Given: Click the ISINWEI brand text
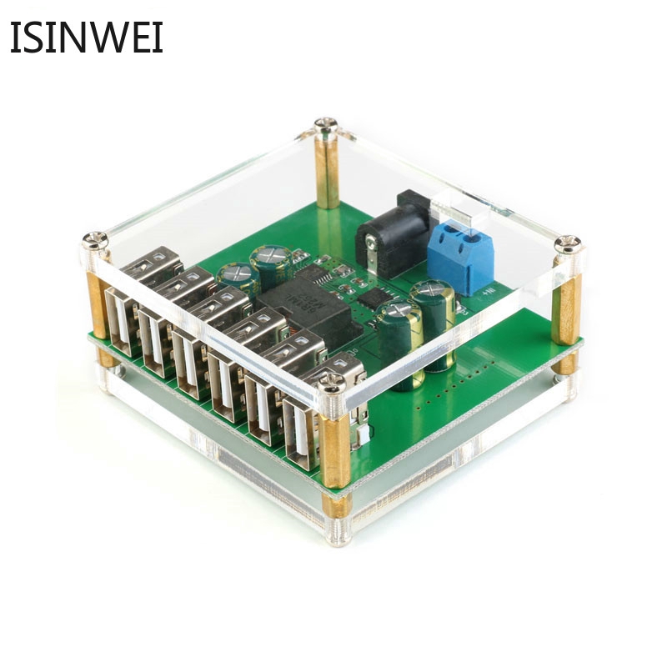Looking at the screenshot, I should coord(86,38).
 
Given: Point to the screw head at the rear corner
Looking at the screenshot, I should coord(325,128).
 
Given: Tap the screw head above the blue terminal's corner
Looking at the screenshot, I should coord(570,244).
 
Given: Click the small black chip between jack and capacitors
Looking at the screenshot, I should coord(375,296).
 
